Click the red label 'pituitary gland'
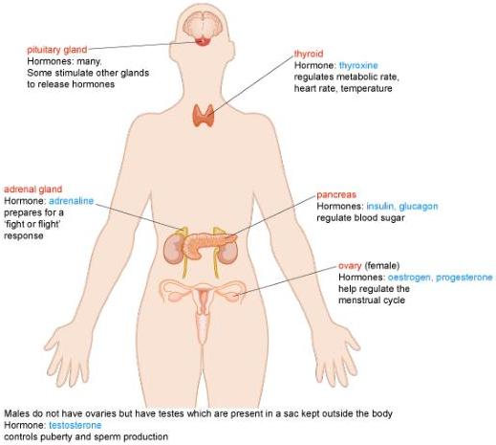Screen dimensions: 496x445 click(x=57, y=50)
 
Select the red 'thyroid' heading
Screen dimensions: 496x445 click(x=309, y=54)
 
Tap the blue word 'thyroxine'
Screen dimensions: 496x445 click(x=358, y=66)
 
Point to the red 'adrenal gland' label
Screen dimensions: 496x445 click(x=32, y=189)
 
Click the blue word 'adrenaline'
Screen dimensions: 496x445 click(x=71, y=201)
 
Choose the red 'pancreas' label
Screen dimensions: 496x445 click(x=336, y=194)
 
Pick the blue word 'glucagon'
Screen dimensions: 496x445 click(x=419, y=207)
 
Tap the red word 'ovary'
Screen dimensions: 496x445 click(x=350, y=266)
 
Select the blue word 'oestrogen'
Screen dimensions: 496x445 click(x=409, y=278)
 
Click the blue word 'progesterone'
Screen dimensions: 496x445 click(x=464, y=278)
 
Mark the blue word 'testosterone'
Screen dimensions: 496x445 click(x=75, y=425)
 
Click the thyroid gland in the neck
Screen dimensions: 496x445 click(x=204, y=115)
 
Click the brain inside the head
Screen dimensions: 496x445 click(x=203, y=25)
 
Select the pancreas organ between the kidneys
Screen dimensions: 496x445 click(x=207, y=243)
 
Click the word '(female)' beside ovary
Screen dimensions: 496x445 click(x=382, y=265)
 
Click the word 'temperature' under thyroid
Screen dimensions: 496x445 click(x=366, y=89)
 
